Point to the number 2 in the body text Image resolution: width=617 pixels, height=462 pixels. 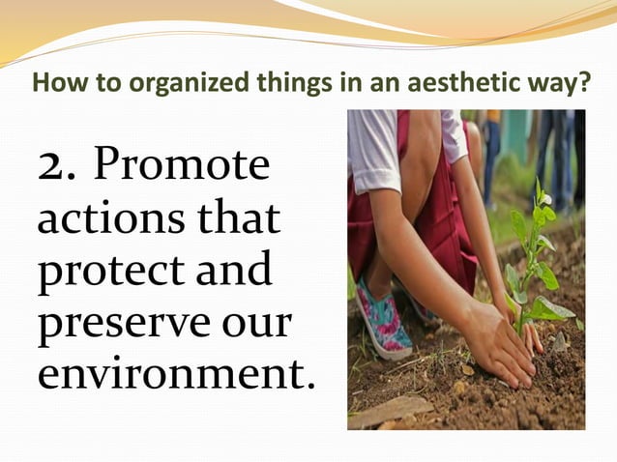(x=54, y=166)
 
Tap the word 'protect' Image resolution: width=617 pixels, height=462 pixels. (x=101, y=273)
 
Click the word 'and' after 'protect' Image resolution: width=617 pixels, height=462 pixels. (x=232, y=273)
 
